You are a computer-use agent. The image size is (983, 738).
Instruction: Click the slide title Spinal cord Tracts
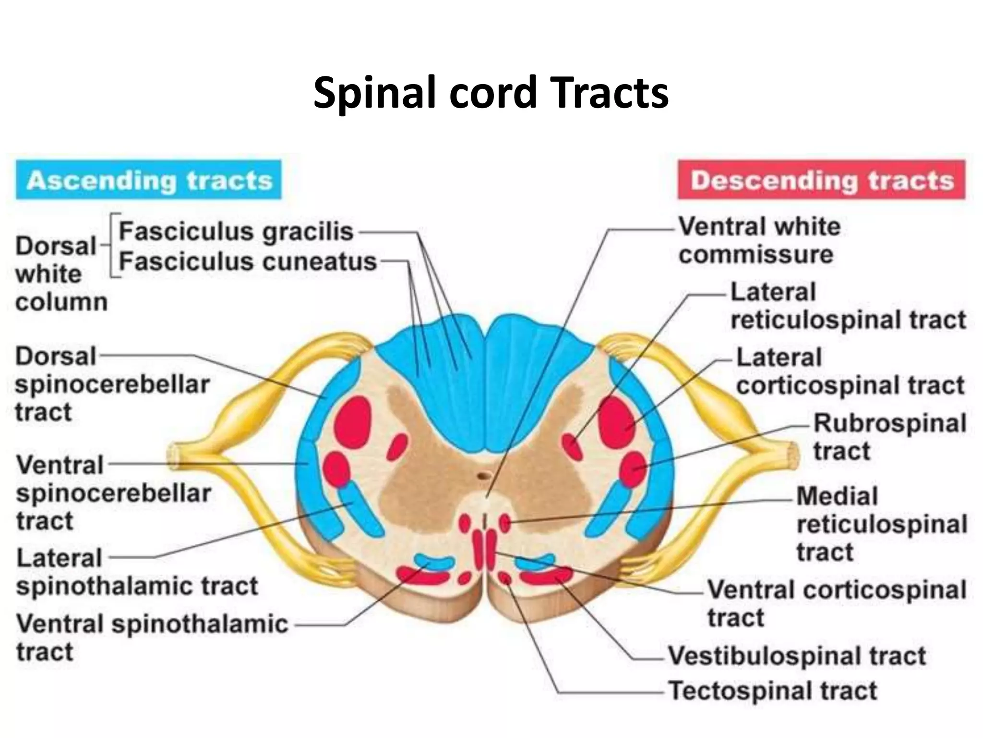tap(491, 93)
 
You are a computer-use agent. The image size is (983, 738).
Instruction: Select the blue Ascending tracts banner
tap(148, 180)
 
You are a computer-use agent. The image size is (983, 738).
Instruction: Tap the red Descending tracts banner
tap(821, 180)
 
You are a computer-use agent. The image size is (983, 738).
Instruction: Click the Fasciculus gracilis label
tap(236, 232)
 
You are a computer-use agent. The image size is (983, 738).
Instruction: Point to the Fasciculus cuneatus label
tap(248, 262)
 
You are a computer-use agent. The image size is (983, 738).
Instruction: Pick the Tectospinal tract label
tap(772, 691)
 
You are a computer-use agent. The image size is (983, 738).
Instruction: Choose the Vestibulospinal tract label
tap(797, 655)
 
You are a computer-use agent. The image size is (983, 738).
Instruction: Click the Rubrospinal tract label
tap(889, 437)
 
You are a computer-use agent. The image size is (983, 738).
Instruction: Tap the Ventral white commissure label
tap(759, 240)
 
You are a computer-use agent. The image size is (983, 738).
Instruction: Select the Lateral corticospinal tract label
tap(850, 371)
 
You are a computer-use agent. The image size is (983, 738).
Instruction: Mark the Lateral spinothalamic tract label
tap(137, 572)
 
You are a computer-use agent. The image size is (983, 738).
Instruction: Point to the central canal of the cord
tap(483, 476)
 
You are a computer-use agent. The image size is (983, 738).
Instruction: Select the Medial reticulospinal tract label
tap(881, 524)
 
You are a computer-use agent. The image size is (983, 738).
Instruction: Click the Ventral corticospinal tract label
tap(836, 603)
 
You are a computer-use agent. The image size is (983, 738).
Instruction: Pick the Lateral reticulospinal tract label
tap(847, 306)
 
